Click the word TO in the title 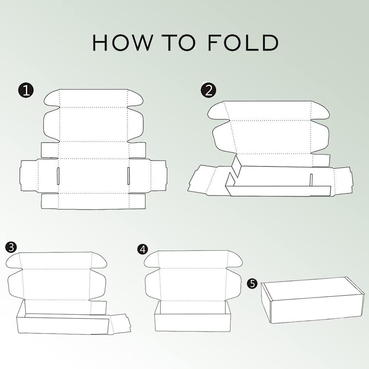[x=181, y=42]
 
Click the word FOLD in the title [x=243, y=42]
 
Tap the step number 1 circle [x=26, y=90]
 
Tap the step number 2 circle [x=208, y=90]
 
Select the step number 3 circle [x=11, y=247]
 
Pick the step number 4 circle [x=142, y=249]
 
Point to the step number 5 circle [x=252, y=283]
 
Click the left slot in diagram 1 [x=58, y=176]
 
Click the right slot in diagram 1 [x=128, y=176]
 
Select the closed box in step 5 [x=313, y=300]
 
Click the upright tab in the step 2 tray [x=311, y=180]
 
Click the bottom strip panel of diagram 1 [x=93, y=201]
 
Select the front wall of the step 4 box [x=192, y=323]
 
